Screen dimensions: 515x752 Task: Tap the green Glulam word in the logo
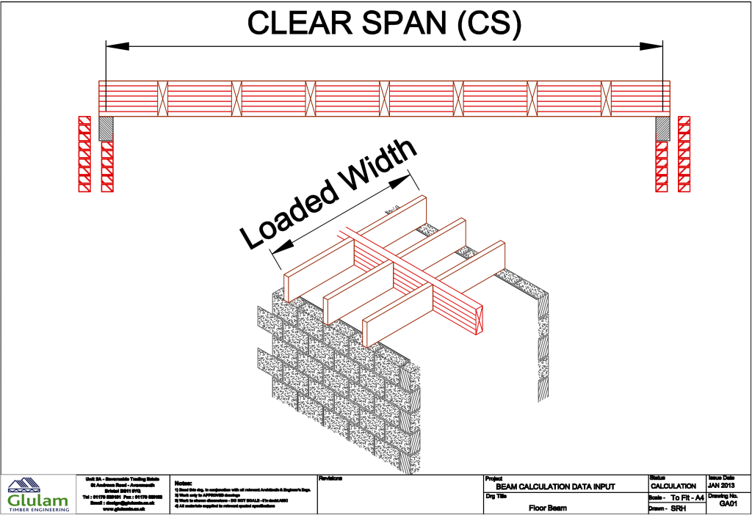click(x=37, y=500)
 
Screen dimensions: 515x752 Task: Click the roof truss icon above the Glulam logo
click(x=24, y=486)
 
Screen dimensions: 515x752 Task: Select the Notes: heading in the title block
click(x=184, y=483)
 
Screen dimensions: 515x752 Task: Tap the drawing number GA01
click(x=728, y=504)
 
